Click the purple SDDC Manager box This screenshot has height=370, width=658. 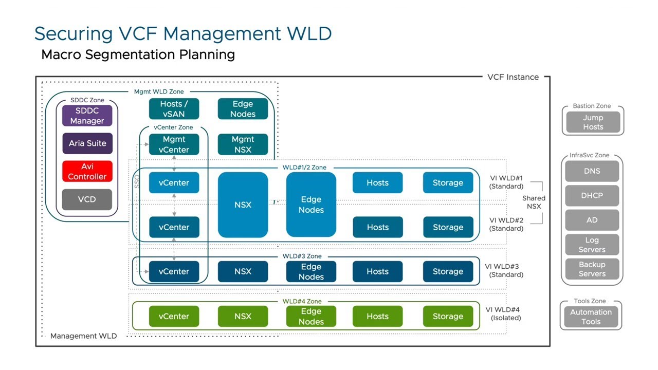click(87, 116)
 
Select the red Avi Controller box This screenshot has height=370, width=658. click(87, 171)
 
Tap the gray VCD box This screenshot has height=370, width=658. click(87, 199)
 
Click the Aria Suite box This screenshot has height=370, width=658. click(87, 143)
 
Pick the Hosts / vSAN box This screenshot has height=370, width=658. click(174, 109)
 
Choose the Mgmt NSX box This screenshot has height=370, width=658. click(243, 144)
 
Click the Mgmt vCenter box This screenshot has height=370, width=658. click(174, 144)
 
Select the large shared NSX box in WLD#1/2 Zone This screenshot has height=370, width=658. click(243, 205)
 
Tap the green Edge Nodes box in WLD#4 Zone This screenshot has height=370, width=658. click(311, 317)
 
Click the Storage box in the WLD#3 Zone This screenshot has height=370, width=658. click(448, 271)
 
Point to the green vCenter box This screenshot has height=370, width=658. click(174, 317)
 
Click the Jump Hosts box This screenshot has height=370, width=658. click(593, 122)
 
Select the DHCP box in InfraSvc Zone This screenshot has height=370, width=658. click(592, 195)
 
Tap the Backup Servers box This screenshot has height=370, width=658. click(592, 269)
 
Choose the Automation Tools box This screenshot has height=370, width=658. click(591, 317)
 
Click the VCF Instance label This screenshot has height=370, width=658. click(513, 77)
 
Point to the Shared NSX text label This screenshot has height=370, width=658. click(534, 202)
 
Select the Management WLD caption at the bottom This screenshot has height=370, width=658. click(83, 336)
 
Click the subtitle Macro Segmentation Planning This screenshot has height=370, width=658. click(138, 54)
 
